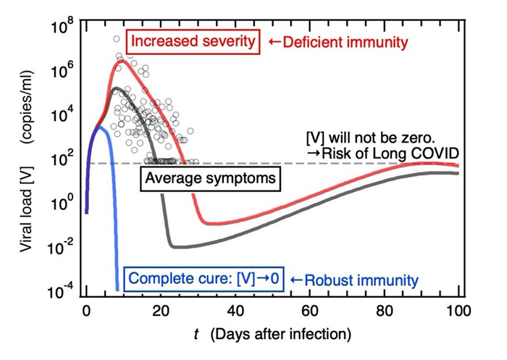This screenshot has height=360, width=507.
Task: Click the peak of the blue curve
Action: pyautogui.click(x=100, y=127)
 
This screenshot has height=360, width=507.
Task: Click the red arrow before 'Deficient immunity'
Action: pyautogui.click(x=274, y=42)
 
